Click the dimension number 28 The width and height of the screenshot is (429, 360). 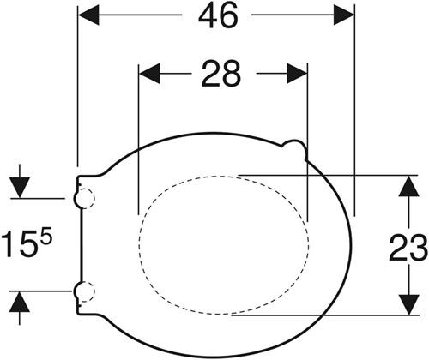221,74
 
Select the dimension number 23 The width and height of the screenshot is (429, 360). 408,247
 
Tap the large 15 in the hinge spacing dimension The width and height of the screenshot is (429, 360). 20,244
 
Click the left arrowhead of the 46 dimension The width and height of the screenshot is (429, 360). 88,15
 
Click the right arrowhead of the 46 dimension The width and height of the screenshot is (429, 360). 344,15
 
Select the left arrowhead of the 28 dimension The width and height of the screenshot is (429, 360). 149,74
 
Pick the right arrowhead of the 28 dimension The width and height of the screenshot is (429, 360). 297,74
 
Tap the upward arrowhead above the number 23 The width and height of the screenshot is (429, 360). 409,186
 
